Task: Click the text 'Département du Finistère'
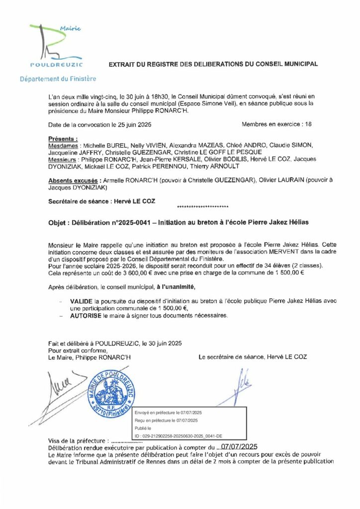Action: (x=58, y=79)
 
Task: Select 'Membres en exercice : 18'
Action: (x=276, y=124)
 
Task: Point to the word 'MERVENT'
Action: (x=270, y=253)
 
